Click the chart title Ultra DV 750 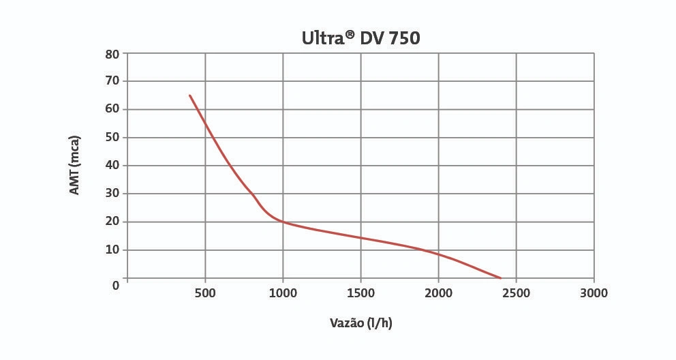[360, 38]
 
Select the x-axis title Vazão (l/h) [360, 322]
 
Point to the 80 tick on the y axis [112, 53]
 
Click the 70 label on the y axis [112, 80]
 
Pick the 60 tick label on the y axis [112, 109]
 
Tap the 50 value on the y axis [112, 137]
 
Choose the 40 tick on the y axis [112, 165]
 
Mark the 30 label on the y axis [112, 193]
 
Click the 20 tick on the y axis [112, 221]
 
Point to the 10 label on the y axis [112, 250]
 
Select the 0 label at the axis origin [116, 284]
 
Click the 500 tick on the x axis [205, 293]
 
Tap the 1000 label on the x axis [283, 293]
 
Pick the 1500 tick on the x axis [360, 293]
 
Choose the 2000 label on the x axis [438, 293]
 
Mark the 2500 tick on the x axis [516, 293]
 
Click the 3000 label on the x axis [594, 293]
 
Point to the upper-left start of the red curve [189, 95]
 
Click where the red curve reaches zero [500, 277]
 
